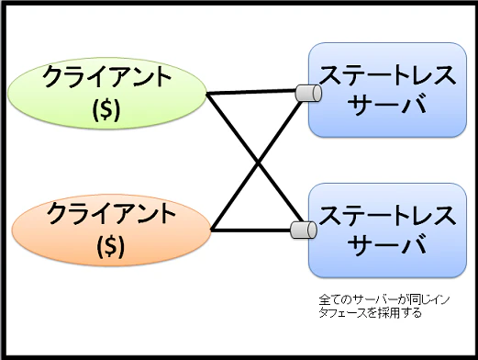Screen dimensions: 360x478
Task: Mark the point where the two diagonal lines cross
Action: point(256,161)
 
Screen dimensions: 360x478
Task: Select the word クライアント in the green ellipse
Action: point(106,77)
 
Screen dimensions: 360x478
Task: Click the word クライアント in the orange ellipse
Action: point(107,214)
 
